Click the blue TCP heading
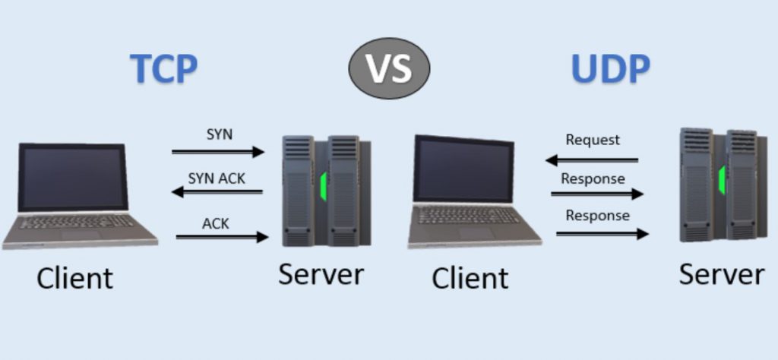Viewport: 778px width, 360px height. click(164, 69)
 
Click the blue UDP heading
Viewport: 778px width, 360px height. click(610, 69)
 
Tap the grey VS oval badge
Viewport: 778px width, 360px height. click(389, 68)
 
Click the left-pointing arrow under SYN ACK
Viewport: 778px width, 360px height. click(217, 193)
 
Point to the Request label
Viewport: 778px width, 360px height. click(593, 140)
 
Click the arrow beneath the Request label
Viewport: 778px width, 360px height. click(592, 160)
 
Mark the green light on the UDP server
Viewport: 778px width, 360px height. click(721, 178)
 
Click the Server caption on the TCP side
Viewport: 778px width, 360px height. click(321, 274)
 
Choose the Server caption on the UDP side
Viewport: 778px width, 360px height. click(721, 273)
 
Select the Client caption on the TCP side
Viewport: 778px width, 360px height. click(74, 277)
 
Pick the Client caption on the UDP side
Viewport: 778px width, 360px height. click(470, 278)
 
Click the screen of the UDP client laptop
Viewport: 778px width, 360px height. click(463, 169)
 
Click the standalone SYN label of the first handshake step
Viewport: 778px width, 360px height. click(220, 134)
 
